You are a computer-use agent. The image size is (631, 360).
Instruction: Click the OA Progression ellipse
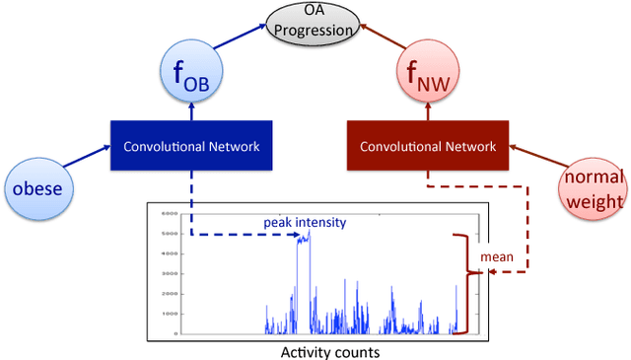(314, 22)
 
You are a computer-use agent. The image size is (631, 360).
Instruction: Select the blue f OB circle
(191, 73)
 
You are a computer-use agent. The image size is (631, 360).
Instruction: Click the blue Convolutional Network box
(191, 146)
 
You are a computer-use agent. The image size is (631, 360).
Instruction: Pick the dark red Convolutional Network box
(427, 146)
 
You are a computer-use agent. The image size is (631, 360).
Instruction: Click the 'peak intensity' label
(304, 222)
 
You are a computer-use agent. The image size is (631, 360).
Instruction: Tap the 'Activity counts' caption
(316, 351)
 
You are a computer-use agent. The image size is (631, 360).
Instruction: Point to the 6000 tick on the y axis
(170, 213)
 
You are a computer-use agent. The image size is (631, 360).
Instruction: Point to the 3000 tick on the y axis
(170, 273)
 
